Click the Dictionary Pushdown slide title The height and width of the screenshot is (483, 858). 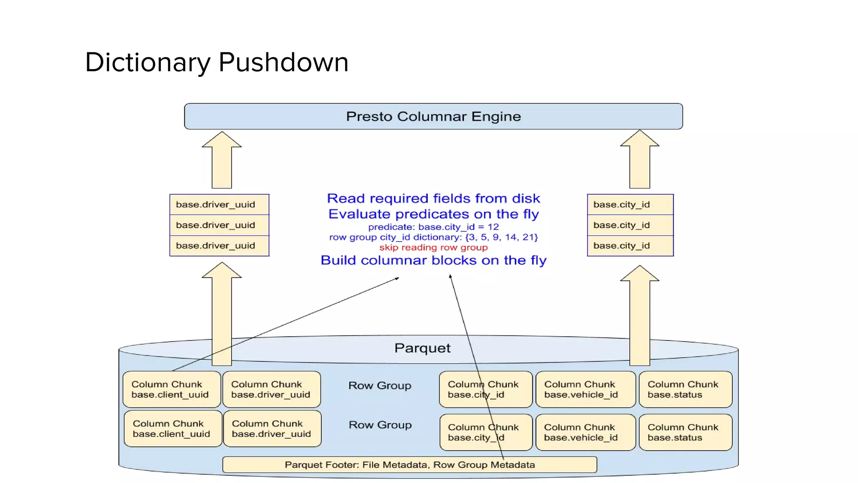(217, 62)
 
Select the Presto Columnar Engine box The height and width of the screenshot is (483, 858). (433, 117)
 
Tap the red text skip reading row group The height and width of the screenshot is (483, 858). (433, 247)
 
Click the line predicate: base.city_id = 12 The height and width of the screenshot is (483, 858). (433, 227)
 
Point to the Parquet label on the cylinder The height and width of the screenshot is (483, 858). (422, 348)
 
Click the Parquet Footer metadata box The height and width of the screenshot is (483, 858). (409, 465)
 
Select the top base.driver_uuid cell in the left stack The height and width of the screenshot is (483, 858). (219, 205)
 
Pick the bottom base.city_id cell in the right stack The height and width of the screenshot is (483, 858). (630, 246)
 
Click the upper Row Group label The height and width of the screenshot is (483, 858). (380, 385)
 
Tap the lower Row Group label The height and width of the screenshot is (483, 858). (380, 425)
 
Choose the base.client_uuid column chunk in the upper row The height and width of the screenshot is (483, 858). (172, 389)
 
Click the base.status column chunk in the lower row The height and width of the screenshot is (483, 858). (685, 432)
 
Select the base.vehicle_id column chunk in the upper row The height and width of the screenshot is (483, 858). (585, 389)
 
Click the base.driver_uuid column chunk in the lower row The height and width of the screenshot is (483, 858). (272, 428)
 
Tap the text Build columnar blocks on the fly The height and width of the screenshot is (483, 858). (433, 260)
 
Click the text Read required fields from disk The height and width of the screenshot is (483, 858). (433, 198)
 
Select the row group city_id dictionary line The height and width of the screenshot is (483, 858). (433, 237)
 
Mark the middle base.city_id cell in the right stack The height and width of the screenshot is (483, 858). (630, 225)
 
